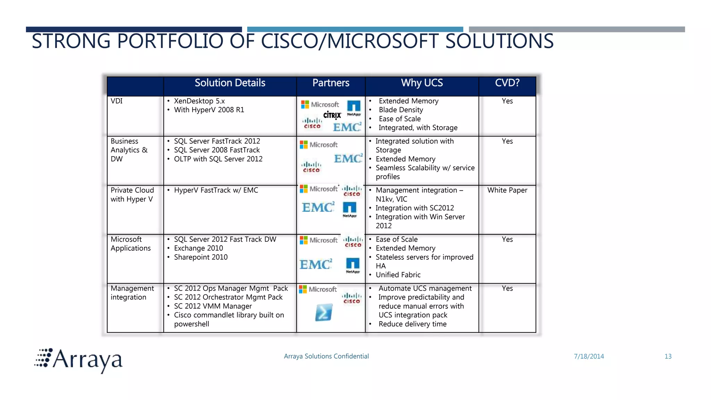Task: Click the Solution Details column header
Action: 230,83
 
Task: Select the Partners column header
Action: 331,83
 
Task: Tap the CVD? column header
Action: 507,83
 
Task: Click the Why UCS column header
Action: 422,83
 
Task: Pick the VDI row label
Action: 117,101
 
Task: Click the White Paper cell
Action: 507,190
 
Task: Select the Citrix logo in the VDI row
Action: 332,115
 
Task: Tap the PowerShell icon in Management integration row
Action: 324,312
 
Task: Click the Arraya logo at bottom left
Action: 79,360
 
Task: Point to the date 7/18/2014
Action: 589,356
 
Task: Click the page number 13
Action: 668,356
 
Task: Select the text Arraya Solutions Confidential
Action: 326,356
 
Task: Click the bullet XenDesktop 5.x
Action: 199,101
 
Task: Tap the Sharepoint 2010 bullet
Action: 201,257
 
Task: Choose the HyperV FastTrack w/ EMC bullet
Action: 216,190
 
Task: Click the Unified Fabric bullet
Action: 398,275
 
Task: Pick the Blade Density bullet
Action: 401,110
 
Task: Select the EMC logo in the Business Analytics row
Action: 348,159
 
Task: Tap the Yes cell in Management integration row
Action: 507,289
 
